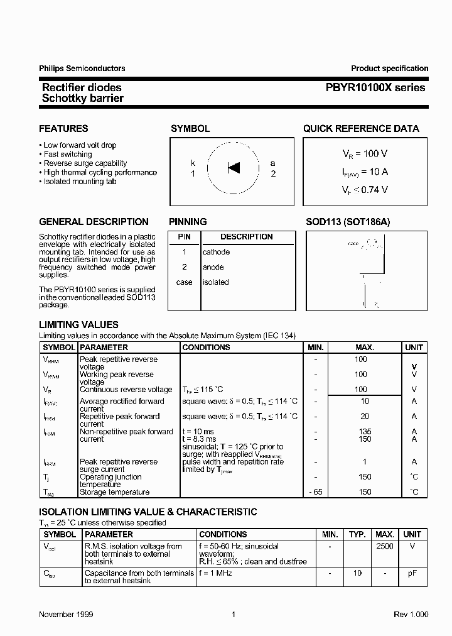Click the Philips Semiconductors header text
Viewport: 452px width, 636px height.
[x=82, y=69]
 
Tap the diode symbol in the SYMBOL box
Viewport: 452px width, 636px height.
[x=234, y=168]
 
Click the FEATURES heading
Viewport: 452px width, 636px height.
[x=63, y=129]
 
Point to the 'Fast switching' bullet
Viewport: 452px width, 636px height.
[x=67, y=154]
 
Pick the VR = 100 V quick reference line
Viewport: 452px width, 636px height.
[x=364, y=153]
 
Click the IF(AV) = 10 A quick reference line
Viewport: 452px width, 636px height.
[x=364, y=171]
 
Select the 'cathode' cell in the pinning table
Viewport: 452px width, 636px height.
[x=216, y=252]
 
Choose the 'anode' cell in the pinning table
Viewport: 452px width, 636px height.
[x=213, y=267]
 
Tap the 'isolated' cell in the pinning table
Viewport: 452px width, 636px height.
[x=215, y=282]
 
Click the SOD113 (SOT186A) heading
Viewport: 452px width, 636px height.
[x=348, y=222]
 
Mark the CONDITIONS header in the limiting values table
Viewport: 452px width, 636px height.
[x=206, y=347]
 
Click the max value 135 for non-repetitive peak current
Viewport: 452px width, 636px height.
[x=364, y=432]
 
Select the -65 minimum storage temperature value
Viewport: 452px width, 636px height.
[x=316, y=492]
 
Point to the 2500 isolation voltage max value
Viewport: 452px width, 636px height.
[x=384, y=546]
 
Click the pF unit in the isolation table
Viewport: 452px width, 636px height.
[x=413, y=573]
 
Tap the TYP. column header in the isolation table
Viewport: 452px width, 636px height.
[x=357, y=534]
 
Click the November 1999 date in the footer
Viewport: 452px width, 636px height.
[x=66, y=614]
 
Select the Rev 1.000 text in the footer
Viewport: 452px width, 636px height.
[x=411, y=614]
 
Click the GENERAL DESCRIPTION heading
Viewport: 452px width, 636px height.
[x=94, y=222]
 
